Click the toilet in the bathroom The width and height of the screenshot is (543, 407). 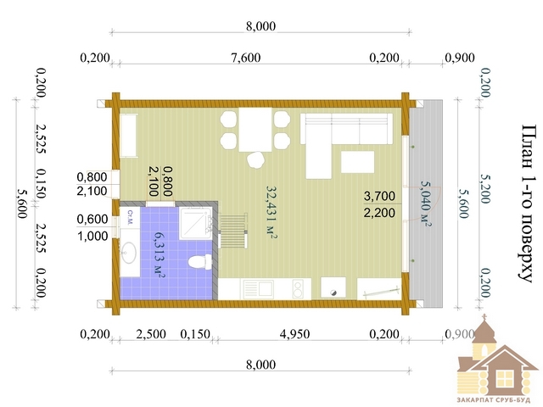(x=200, y=262)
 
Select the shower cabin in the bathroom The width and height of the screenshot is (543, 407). (x=196, y=223)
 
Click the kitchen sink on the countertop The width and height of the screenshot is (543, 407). (x=258, y=289)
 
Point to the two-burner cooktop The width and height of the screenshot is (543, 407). (x=298, y=289)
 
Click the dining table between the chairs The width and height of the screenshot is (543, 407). (x=255, y=130)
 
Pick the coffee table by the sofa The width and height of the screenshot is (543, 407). (x=358, y=162)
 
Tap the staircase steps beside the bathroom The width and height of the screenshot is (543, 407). (x=234, y=231)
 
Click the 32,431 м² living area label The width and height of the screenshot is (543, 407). (x=271, y=212)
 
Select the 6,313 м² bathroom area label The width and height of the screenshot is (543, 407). (x=159, y=254)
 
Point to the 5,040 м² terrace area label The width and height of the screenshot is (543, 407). (x=426, y=203)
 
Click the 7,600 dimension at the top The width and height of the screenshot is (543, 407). (x=246, y=58)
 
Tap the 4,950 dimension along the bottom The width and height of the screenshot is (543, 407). (x=294, y=334)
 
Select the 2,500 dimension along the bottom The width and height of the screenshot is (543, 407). (x=151, y=334)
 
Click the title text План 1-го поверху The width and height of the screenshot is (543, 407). (x=529, y=203)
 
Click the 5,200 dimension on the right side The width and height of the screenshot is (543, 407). (x=484, y=188)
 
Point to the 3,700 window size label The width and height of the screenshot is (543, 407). (x=379, y=196)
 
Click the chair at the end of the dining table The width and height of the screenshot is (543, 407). (x=256, y=160)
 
